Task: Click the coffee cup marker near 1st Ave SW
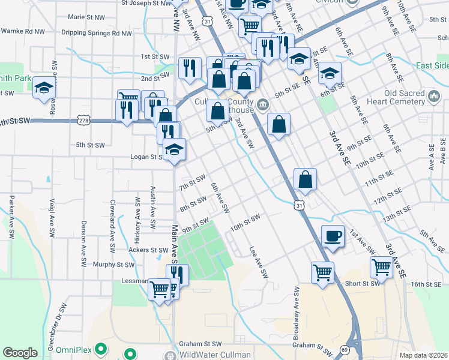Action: (333, 235)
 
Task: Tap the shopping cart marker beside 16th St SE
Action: (382, 267)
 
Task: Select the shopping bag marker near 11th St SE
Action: (305, 179)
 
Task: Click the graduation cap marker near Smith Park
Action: (44, 88)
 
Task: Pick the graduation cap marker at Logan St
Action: (174, 149)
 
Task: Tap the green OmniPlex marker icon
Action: (101, 348)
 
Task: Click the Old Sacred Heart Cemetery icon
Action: (435, 96)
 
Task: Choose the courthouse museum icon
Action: (263, 106)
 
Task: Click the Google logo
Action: (20, 353)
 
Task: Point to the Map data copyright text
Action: (424, 355)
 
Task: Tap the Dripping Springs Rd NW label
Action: (95, 34)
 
